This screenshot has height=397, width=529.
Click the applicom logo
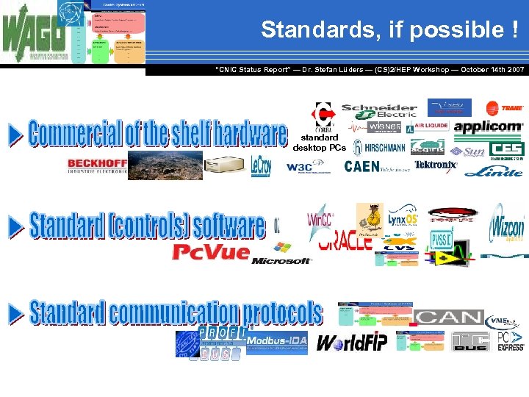tap(489, 127)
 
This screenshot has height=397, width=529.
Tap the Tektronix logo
tap(435, 165)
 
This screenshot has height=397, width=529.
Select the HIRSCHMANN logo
tap(379, 147)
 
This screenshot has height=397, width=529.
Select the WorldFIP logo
tap(351, 343)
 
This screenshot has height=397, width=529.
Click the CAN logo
tap(447, 318)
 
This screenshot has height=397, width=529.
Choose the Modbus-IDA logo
tap(276, 342)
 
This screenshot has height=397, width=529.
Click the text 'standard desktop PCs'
tap(319, 142)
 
